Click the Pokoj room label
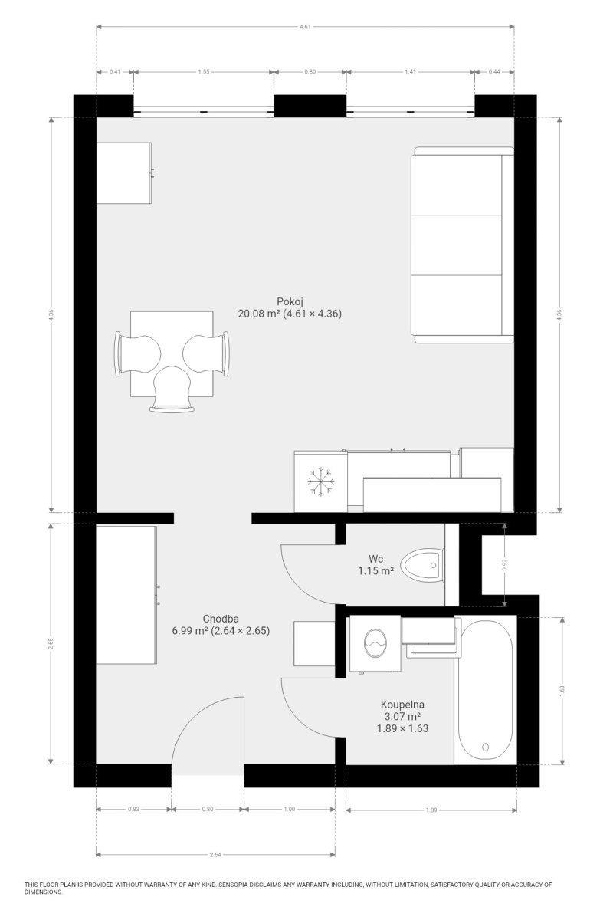(290, 301)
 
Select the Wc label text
(375, 559)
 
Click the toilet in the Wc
(421, 565)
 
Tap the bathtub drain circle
(486, 747)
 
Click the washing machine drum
(375, 643)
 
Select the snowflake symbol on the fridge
(320, 481)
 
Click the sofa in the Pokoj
(462, 245)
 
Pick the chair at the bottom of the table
(172, 389)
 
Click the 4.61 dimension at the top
(305, 27)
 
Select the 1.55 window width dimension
(204, 71)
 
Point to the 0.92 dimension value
(505, 565)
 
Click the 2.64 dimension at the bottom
(215, 855)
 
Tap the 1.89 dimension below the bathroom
(431, 810)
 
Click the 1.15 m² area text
(375, 570)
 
